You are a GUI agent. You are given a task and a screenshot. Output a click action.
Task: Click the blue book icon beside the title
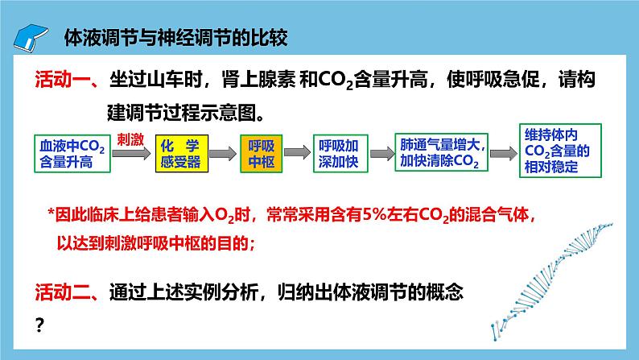(x=31, y=39)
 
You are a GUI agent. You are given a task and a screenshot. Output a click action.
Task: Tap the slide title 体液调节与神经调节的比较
(x=176, y=38)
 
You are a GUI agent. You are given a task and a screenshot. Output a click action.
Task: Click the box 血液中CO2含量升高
(x=72, y=154)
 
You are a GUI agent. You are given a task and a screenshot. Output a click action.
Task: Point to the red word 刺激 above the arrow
(x=130, y=139)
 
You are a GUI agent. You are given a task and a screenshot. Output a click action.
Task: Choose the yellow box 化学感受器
(x=182, y=154)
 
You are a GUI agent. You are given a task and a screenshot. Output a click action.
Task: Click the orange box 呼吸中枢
(x=262, y=154)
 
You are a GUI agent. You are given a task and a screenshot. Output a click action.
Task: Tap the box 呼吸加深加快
(x=340, y=154)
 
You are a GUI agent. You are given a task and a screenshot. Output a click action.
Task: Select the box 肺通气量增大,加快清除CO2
(x=441, y=152)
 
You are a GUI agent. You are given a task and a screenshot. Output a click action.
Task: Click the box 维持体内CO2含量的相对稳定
(x=560, y=151)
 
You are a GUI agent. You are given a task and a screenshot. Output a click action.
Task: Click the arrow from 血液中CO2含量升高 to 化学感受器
(x=131, y=154)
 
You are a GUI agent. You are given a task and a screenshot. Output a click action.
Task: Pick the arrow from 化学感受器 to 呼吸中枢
(x=223, y=154)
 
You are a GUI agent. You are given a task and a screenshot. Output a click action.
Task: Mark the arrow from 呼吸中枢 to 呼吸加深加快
(x=298, y=152)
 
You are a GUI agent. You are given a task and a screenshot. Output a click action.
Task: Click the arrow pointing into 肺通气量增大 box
(x=381, y=154)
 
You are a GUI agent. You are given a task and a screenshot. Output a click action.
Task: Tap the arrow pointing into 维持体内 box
(x=503, y=154)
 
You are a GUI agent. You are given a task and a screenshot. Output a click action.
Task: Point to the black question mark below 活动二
(x=39, y=325)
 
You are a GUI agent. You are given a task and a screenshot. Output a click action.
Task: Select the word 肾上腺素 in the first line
(x=259, y=79)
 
